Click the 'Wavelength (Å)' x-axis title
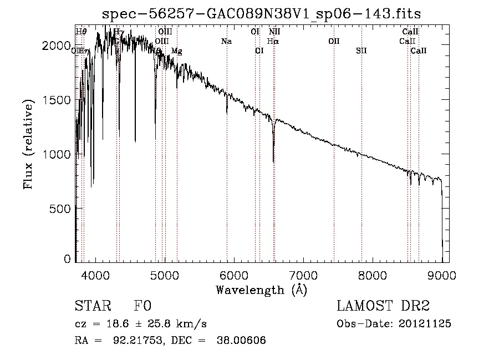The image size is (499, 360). point(261,290)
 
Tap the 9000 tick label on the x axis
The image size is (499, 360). point(442,274)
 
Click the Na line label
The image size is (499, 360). point(226,41)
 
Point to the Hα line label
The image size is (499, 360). point(273,41)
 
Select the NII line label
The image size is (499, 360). point(274,32)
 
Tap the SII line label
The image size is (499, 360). point(361,50)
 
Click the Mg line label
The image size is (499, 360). point(176,51)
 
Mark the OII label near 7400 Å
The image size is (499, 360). point(334,41)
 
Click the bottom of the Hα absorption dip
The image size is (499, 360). point(273,161)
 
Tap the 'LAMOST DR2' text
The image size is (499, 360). point(383,306)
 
